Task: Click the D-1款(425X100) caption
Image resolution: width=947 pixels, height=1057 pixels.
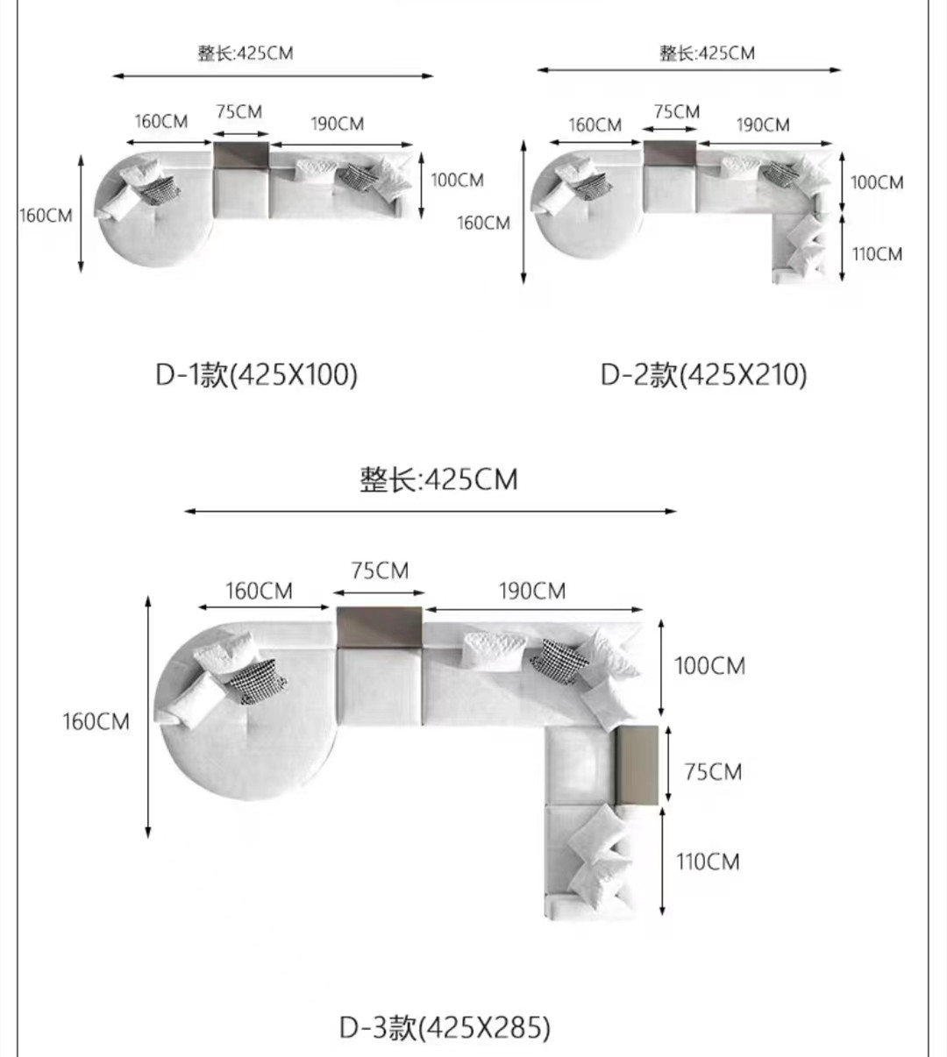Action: click(x=256, y=374)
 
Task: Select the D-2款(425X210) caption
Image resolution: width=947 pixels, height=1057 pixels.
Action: click(x=703, y=374)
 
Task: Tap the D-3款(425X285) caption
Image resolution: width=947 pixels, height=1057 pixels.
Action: click(x=445, y=1027)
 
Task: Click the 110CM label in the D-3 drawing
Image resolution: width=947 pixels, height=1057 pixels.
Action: click(x=708, y=862)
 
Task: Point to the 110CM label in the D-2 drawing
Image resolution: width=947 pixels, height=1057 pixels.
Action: click(x=877, y=254)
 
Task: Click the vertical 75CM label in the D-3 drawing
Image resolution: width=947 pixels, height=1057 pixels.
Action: click(x=713, y=772)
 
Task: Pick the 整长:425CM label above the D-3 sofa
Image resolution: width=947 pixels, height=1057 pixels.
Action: click(x=438, y=479)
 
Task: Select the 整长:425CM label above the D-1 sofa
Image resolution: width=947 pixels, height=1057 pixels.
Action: click(x=246, y=53)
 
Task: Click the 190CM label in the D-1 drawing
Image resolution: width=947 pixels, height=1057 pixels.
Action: click(x=338, y=124)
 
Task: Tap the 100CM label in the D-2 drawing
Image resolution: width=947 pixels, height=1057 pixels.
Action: click(x=877, y=182)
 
